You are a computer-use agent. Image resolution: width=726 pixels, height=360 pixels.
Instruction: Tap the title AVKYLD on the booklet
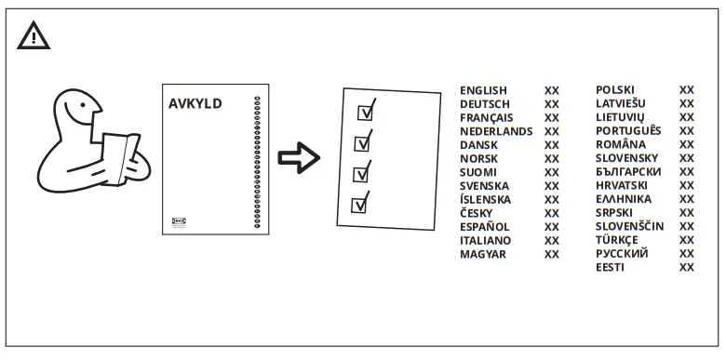(195, 103)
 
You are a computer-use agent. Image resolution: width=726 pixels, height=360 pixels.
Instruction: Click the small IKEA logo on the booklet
(180, 220)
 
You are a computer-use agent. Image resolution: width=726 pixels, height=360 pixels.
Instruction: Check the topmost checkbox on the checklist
(366, 112)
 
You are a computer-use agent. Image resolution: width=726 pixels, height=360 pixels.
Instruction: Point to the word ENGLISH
(483, 90)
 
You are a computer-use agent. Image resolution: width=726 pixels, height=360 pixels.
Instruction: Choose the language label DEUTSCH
(485, 104)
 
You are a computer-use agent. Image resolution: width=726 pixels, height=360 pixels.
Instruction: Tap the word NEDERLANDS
(496, 131)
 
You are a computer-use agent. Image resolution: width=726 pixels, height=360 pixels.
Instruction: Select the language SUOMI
(478, 172)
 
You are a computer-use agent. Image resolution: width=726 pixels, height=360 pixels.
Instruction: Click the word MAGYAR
(483, 254)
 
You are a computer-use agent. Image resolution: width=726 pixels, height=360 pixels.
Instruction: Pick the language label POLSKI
(615, 90)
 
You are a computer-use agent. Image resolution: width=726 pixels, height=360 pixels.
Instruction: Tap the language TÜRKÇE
(617, 240)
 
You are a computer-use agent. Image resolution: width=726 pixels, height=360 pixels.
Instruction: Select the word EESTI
(611, 267)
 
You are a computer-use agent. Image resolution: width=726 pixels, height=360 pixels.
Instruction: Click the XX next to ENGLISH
(552, 90)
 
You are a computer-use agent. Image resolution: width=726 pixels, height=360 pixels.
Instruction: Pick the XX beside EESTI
(687, 267)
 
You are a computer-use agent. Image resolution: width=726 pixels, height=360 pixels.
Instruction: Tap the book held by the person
(116, 157)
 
